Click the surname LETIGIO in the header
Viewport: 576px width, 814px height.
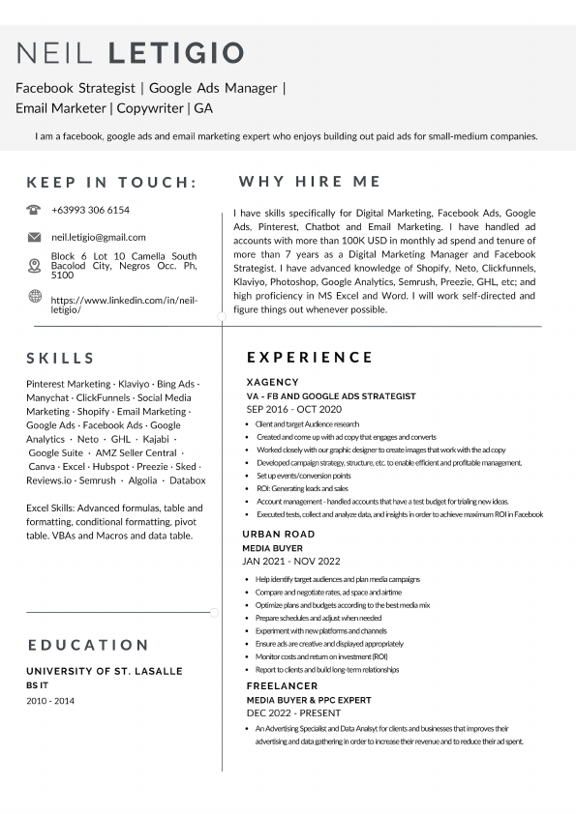176,52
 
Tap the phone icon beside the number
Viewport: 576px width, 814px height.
34,210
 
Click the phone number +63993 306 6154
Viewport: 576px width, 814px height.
90,210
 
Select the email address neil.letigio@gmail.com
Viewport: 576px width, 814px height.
99,237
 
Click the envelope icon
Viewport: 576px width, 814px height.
34,237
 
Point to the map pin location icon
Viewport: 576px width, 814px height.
34,266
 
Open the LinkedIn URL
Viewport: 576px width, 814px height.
124,305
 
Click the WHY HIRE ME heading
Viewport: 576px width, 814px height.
310,182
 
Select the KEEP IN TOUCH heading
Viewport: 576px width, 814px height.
112,182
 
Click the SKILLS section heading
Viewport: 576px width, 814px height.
61,359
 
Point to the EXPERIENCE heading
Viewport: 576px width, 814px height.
310,358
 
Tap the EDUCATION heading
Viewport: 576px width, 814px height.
88,645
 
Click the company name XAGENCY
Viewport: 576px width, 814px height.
273,382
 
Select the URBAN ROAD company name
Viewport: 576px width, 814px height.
279,535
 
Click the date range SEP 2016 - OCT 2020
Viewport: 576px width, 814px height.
295,409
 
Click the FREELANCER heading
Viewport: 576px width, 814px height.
282,686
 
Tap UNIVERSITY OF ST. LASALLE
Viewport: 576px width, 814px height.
105,671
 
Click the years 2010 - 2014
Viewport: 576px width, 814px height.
50,701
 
